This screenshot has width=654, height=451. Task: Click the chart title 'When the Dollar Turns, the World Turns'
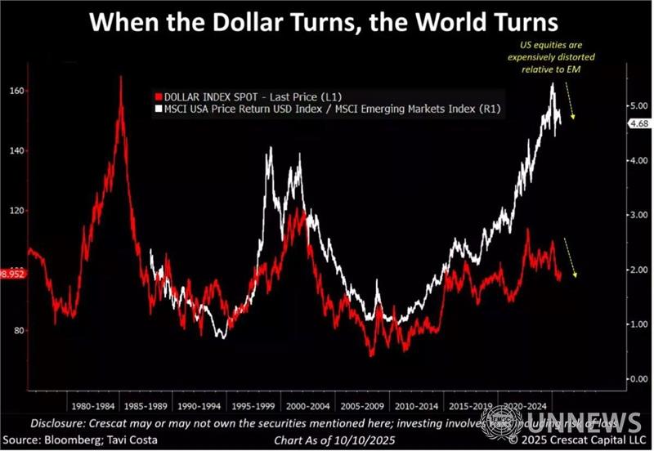point(326,20)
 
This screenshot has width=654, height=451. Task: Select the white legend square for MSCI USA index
point(157,108)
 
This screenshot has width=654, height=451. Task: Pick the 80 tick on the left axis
point(15,331)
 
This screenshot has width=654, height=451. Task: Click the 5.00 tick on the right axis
point(614,106)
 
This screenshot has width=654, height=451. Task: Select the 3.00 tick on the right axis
point(614,215)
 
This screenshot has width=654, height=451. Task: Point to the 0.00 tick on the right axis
point(614,379)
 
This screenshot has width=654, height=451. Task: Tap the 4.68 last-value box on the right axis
point(615,123)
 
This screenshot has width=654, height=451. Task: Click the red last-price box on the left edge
point(11,275)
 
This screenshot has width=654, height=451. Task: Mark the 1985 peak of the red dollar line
point(121,78)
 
